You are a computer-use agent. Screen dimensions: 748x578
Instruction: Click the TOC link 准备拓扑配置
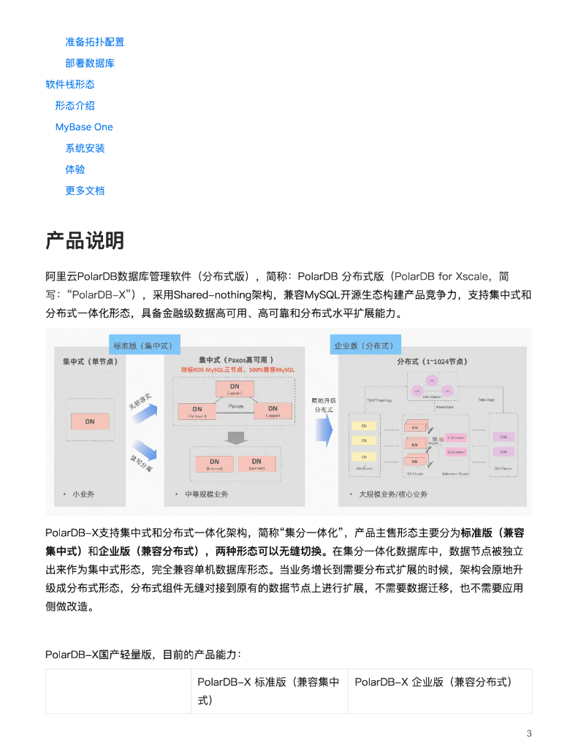pos(94,42)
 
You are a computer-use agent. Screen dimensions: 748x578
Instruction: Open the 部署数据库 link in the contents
pos(89,63)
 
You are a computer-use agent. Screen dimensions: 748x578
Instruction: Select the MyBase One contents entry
pos(84,126)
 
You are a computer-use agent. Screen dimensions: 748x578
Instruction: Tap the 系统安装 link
pos(85,148)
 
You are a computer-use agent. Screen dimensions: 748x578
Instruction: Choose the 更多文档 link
pos(85,190)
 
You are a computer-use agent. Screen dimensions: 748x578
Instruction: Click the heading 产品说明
pos(85,240)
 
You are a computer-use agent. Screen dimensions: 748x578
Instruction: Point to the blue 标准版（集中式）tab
pos(142,346)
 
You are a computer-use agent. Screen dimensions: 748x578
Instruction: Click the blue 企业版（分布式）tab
pos(363,346)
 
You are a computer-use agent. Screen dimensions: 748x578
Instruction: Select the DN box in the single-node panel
pos(89,421)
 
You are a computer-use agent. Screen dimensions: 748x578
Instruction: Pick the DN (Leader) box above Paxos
pos(235,389)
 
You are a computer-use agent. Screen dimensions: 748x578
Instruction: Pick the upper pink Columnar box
pos(455,438)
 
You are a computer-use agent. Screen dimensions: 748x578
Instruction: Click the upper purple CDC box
pos(503,437)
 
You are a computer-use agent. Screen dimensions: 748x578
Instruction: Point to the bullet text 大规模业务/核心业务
pos(393,495)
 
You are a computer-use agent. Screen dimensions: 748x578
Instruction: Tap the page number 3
pos(529,733)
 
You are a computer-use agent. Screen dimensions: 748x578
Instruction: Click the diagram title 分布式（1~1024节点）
pos(433,361)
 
